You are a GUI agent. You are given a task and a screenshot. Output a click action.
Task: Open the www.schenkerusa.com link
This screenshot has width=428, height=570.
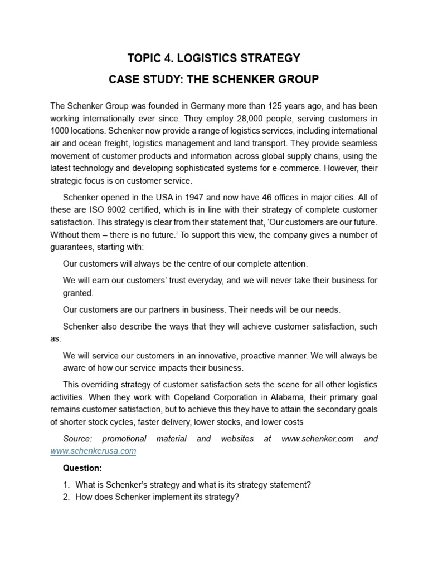[x=93, y=451]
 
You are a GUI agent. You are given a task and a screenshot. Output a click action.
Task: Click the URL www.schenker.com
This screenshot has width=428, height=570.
[x=317, y=439]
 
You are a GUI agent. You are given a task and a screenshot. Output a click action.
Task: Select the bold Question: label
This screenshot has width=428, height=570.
[x=82, y=468]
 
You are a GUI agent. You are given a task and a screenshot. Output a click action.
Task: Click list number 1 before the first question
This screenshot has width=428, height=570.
[x=66, y=485]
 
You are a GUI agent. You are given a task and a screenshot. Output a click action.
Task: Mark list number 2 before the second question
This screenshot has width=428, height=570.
[x=66, y=497]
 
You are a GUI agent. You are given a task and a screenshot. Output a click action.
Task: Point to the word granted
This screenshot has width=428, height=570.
[x=78, y=293]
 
